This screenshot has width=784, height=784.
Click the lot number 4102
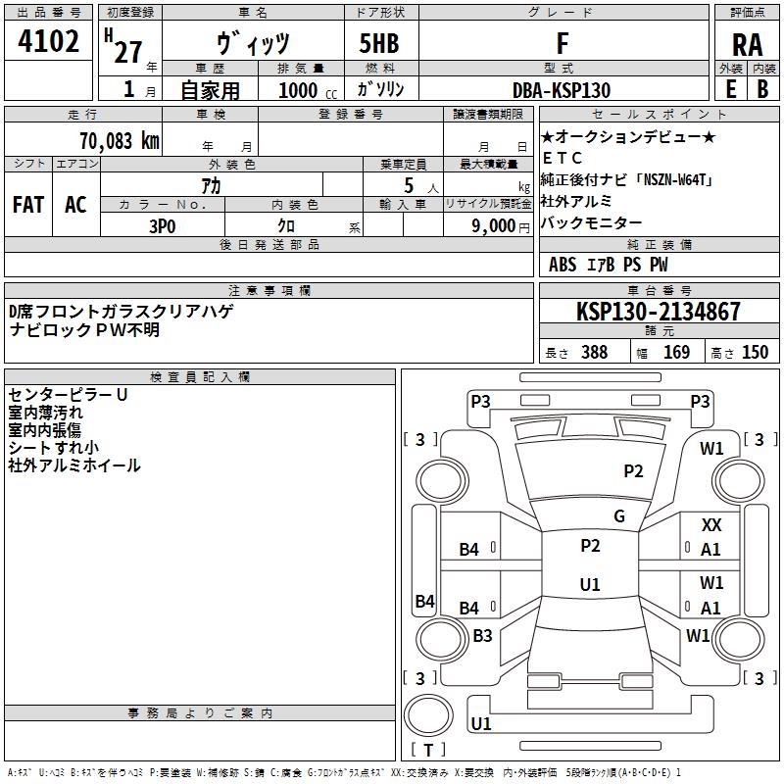coord(49,42)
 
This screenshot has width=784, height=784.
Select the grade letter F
coord(563,43)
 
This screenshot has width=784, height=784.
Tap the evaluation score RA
coord(747,45)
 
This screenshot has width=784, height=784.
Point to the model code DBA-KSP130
coord(562,90)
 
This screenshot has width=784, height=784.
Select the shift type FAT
coord(28,205)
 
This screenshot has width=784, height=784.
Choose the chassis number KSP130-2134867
coord(659,312)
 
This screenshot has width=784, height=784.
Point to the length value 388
coord(594,353)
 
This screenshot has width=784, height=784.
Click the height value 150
coord(755,353)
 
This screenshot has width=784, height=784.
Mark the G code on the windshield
coord(619,516)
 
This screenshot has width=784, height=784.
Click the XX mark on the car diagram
coord(711,526)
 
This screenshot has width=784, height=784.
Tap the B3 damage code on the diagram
coord(482,636)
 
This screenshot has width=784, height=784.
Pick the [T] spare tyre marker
coord(427,750)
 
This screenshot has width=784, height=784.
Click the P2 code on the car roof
coord(590,546)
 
